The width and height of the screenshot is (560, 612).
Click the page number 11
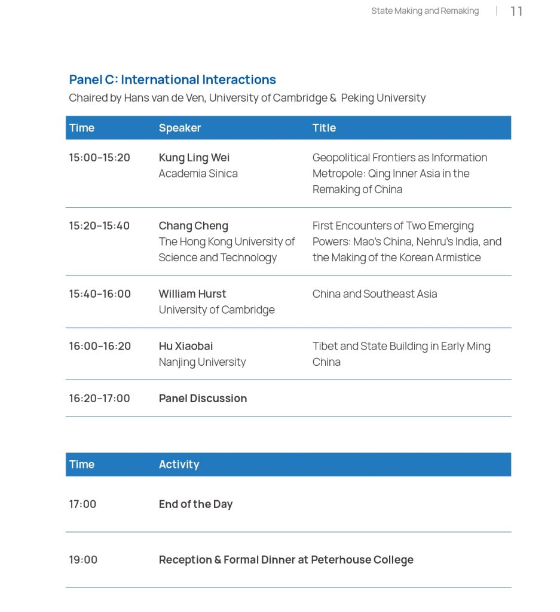pyautogui.click(x=516, y=11)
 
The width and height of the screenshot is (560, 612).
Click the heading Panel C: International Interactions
pyautogui.click(x=172, y=79)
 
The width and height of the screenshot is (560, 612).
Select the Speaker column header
pyautogui.click(x=180, y=128)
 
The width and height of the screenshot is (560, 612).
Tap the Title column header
pyautogui.click(x=324, y=128)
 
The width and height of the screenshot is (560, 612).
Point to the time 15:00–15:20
pyautogui.click(x=99, y=158)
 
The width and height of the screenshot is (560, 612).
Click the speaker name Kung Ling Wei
pyautogui.click(x=194, y=158)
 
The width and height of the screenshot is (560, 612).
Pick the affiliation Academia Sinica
pyautogui.click(x=198, y=173)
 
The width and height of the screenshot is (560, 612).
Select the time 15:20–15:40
pyautogui.click(x=99, y=226)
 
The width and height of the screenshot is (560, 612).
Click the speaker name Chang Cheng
pyautogui.click(x=193, y=226)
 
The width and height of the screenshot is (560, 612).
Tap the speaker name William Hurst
pyautogui.click(x=192, y=294)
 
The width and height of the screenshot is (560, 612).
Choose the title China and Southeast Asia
pyautogui.click(x=375, y=294)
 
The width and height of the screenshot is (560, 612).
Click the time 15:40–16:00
pyautogui.click(x=100, y=294)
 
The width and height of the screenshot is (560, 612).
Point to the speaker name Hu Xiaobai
pyautogui.click(x=186, y=346)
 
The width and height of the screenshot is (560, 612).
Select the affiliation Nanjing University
pyautogui.click(x=202, y=362)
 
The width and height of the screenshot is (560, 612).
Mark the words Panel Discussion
pyautogui.click(x=203, y=399)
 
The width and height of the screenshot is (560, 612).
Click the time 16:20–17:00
pyautogui.click(x=99, y=399)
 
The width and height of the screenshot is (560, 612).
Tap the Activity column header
pyautogui.click(x=179, y=464)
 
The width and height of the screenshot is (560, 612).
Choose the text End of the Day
pyautogui.click(x=195, y=504)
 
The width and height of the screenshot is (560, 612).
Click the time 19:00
pyautogui.click(x=83, y=560)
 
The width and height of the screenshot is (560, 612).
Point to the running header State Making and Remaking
pyautogui.click(x=425, y=11)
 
